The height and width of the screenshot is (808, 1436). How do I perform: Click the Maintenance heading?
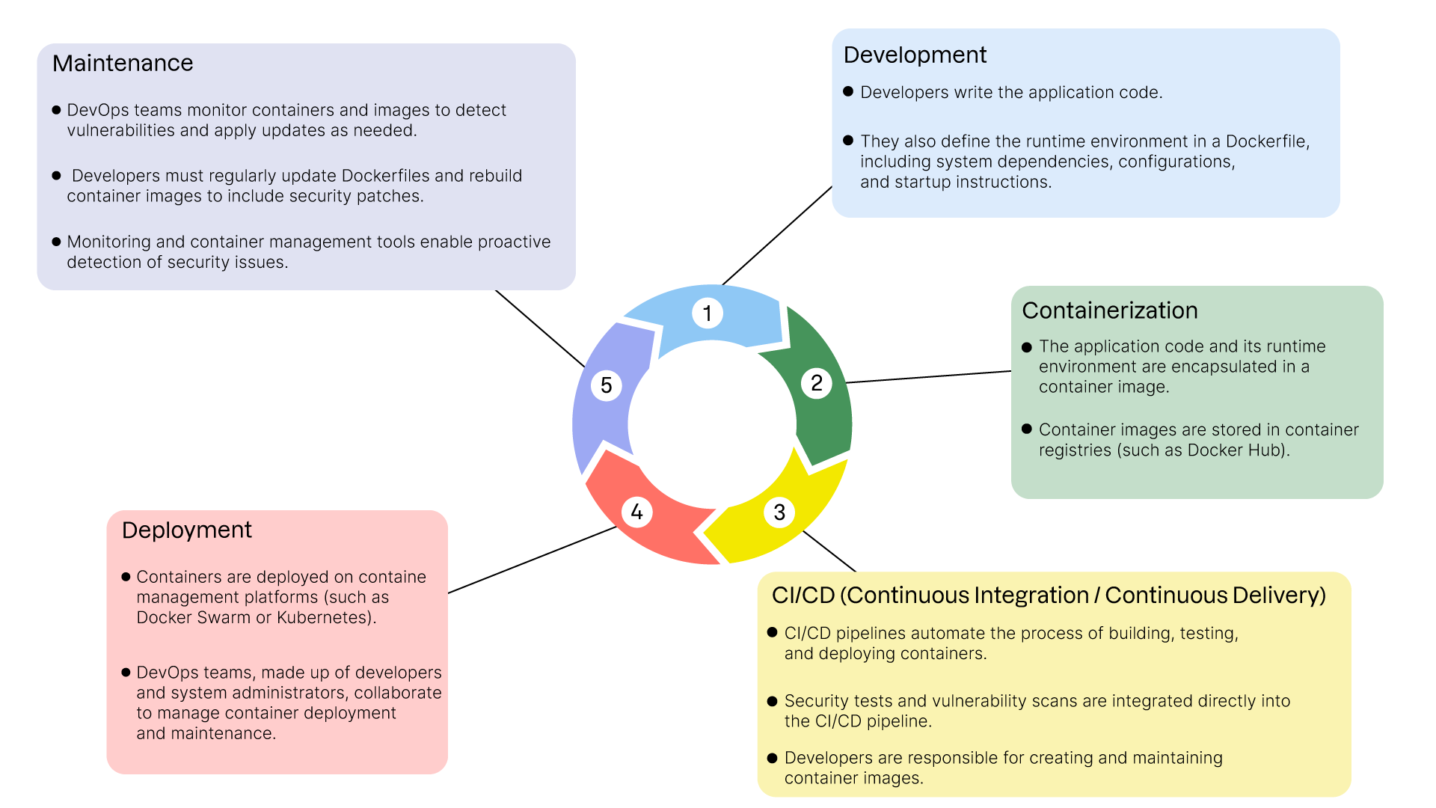(123, 64)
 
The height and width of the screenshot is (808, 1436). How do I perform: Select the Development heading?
(915, 55)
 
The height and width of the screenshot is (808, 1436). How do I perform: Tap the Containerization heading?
(1109, 310)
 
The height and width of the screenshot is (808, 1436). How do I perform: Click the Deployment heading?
(186, 530)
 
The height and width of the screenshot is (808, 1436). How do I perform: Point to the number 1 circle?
(707, 313)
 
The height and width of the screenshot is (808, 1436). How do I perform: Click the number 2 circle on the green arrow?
(816, 383)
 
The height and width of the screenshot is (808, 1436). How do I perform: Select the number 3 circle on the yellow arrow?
(779, 512)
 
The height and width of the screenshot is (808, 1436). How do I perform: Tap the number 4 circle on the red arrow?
(636, 512)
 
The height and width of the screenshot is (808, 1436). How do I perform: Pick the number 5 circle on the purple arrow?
(606, 385)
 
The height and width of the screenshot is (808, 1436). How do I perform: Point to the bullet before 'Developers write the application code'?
(848, 91)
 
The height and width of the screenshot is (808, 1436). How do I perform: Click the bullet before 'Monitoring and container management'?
(56, 242)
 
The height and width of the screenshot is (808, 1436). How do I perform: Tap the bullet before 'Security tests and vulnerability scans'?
(773, 701)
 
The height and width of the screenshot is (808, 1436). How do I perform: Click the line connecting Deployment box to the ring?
(531, 560)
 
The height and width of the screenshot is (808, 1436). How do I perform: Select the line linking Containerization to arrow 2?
(927, 377)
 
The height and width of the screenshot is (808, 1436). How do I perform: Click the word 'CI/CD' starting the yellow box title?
(803, 596)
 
